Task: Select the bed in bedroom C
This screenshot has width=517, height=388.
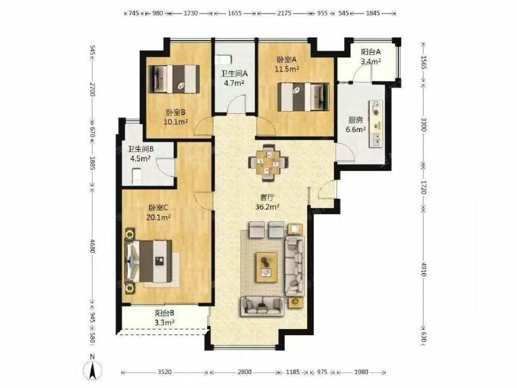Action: tap(148, 261)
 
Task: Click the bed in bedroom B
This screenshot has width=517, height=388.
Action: tap(174, 79)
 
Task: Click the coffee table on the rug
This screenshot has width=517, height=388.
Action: tap(267, 267)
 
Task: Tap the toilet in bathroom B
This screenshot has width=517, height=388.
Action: tap(136, 176)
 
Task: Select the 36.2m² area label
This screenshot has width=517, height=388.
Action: tap(267, 207)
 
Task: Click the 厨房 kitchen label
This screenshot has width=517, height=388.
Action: tap(356, 120)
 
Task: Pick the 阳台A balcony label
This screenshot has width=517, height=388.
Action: tap(371, 52)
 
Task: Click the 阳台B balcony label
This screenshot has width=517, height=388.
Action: tap(164, 313)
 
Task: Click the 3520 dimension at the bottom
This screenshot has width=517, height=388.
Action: tap(164, 372)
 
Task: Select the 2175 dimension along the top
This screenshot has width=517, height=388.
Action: tap(284, 13)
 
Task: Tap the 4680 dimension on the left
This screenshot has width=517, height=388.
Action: tap(92, 246)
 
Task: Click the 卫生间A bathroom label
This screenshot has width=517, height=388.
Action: tap(234, 73)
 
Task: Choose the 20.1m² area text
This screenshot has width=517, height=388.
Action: tap(159, 217)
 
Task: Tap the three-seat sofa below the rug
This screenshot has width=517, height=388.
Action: tap(263, 306)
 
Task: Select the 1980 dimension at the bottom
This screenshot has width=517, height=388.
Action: tap(361, 372)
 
